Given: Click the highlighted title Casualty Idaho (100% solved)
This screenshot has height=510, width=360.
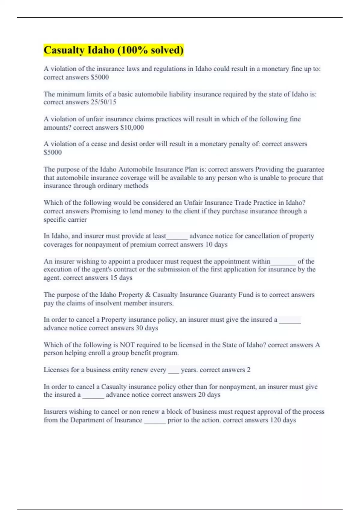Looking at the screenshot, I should pyautogui.click(x=113, y=50).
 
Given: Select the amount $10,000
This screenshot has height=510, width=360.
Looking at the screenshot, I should pyautogui.click(x=132, y=127).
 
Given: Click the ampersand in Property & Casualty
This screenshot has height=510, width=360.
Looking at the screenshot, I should pyautogui.click(x=147, y=295).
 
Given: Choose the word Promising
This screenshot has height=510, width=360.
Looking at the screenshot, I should pyautogui.click(x=105, y=211).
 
